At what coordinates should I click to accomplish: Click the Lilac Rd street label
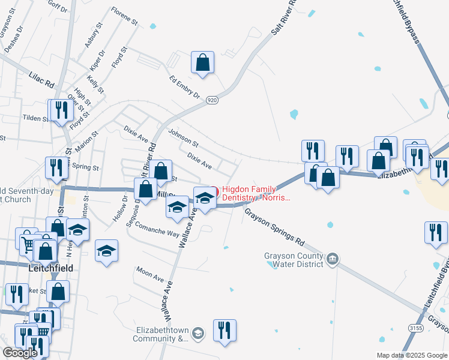pos(41,79)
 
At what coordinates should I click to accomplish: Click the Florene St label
pos(124,16)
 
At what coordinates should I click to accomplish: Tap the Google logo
pos(20,353)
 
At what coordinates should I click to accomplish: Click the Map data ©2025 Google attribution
pos(412,355)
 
